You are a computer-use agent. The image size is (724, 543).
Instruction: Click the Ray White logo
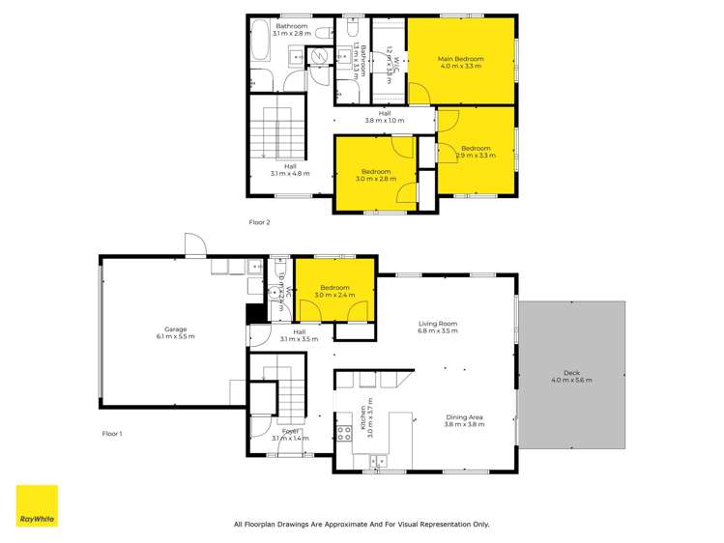37,505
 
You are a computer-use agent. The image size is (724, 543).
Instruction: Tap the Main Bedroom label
460,63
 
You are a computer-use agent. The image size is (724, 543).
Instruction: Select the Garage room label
175,332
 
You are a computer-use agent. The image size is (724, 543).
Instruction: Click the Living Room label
437,328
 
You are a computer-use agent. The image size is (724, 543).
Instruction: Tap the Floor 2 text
259,222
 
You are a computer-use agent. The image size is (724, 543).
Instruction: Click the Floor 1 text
113,434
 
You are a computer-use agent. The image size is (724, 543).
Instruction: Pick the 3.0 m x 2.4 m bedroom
333,291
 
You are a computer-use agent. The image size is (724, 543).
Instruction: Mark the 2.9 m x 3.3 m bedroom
476,151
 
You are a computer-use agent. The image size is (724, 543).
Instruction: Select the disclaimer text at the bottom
362,524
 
